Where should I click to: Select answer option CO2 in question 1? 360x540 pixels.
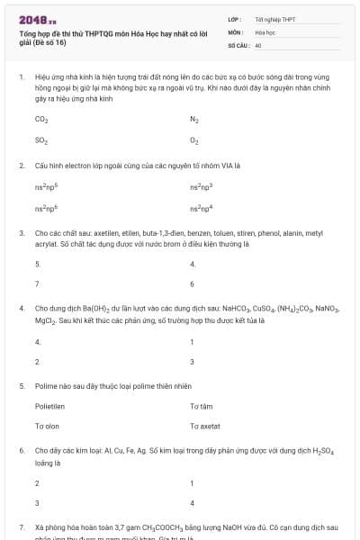point(40,119)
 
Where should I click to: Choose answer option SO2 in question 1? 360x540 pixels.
point(40,140)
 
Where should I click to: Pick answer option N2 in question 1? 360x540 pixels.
point(194,119)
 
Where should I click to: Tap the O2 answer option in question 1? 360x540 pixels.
point(194,140)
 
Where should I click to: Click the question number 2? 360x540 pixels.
point(21,166)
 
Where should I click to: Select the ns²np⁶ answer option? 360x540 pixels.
point(46,208)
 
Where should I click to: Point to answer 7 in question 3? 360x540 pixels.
point(37,283)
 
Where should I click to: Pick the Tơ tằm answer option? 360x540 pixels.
point(201,406)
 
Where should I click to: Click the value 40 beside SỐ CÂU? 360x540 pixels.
point(258,44)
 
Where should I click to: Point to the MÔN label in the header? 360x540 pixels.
point(235,31)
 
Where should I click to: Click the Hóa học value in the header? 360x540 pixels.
point(265,31)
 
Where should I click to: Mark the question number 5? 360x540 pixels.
point(21,385)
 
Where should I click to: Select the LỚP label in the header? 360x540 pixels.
point(234,19)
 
